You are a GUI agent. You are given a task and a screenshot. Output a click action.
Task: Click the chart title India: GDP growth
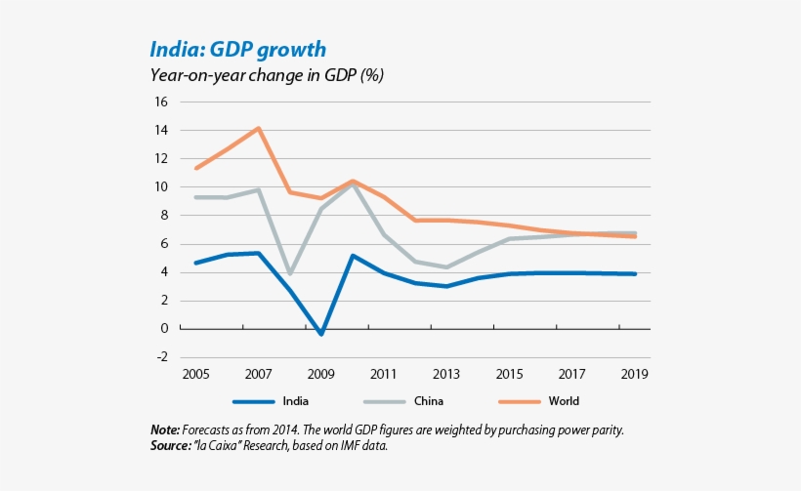(x=237, y=49)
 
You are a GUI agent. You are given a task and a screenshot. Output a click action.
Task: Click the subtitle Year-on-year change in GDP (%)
(x=266, y=75)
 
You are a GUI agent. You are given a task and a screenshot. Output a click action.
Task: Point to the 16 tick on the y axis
(x=161, y=102)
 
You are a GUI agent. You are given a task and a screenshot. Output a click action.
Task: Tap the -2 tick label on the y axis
(x=161, y=357)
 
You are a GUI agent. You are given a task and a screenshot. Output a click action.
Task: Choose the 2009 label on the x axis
(x=321, y=373)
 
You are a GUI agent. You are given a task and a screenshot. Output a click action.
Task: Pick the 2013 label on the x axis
(x=446, y=373)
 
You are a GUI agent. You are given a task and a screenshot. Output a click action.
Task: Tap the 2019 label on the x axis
(x=635, y=373)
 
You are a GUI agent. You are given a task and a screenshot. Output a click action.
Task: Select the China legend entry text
(x=428, y=400)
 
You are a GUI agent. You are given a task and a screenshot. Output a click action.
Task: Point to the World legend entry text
(x=564, y=400)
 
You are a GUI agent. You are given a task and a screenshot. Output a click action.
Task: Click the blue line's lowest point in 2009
(x=321, y=335)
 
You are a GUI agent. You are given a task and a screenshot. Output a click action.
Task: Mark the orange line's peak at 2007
(x=259, y=128)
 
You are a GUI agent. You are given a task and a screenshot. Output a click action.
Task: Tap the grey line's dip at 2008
(x=290, y=274)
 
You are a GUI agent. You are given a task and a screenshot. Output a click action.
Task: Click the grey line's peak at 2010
(x=353, y=184)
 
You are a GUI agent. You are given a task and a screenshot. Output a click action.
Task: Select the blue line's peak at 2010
(x=353, y=256)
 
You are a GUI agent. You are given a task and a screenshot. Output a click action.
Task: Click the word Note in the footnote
(x=165, y=430)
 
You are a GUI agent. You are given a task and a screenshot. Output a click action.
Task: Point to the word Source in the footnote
(x=171, y=445)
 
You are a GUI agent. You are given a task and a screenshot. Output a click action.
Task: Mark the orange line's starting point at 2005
(x=196, y=168)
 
